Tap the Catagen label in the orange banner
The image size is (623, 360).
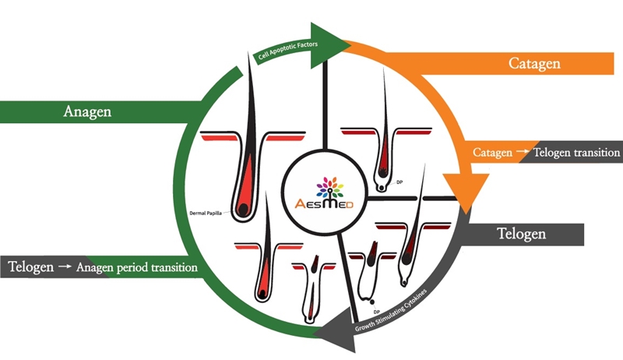tap(534, 62)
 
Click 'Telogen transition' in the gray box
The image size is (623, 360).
tap(575, 153)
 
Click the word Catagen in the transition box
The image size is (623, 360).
tap(487, 153)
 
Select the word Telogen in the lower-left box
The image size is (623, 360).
tap(30, 266)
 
